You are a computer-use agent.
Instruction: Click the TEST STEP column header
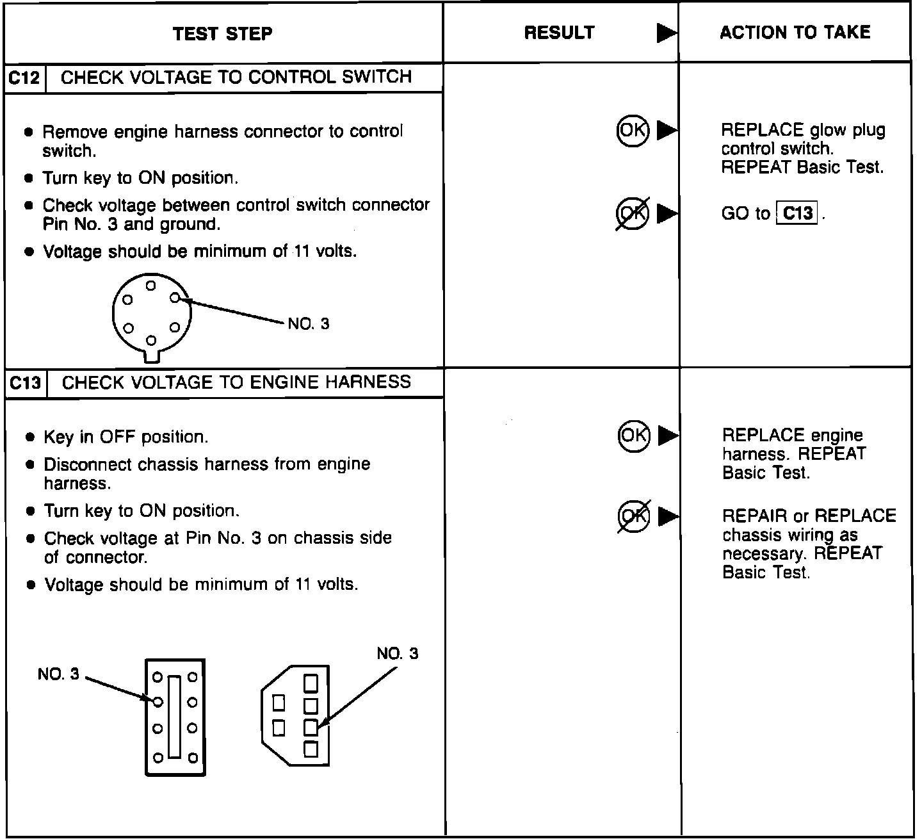(x=222, y=33)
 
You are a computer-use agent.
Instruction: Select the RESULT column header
(x=559, y=33)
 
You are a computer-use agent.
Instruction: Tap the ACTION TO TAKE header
(x=795, y=33)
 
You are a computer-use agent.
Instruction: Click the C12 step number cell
(x=25, y=78)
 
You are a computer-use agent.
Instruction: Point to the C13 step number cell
(x=26, y=383)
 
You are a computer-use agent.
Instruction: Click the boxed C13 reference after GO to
(x=797, y=213)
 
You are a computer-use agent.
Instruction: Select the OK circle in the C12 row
(x=633, y=130)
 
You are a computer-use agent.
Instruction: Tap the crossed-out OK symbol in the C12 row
(x=633, y=213)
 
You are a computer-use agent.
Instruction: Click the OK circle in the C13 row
(x=634, y=436)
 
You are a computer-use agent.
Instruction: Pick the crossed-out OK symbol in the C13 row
(x=634, y=516)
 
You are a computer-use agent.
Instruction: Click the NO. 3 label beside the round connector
(x=309, y=323)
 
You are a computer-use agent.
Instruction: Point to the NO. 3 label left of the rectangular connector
(x=58, y=674)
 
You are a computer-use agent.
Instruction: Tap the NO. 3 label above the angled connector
(x=397, y=653)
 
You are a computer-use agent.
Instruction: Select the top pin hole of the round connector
(x=151, y=286)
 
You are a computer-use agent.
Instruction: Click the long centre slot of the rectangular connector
(x=174, y=717)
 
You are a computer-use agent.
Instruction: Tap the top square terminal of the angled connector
(x=311, y=683)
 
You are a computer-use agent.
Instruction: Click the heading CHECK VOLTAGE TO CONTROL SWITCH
(x=236, y=77)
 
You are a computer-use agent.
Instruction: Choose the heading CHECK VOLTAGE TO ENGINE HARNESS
(x=236, y=382)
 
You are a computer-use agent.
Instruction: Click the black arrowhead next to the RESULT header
(x=667, y=33)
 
